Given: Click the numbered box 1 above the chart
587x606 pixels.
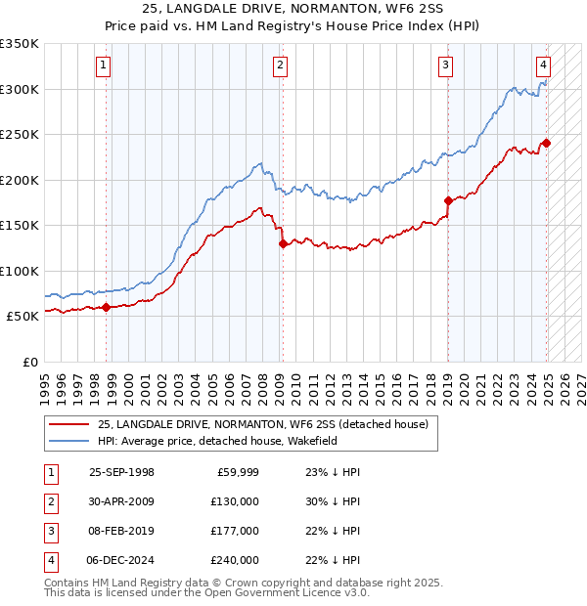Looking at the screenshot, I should point(104,66).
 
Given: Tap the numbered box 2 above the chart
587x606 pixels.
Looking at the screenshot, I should point(280,66).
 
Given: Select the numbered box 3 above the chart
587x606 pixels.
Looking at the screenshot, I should point(445,66).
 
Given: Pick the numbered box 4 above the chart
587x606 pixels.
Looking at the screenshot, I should point(543,66).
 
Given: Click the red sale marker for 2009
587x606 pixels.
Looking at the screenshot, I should point(283,244).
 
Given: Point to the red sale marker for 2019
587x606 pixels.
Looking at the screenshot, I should point(448,201).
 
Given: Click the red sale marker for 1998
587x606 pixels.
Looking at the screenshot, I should point(107,308).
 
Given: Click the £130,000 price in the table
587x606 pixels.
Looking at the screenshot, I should point(235,501).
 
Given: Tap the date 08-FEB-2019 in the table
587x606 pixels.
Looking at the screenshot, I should point(121,531).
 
